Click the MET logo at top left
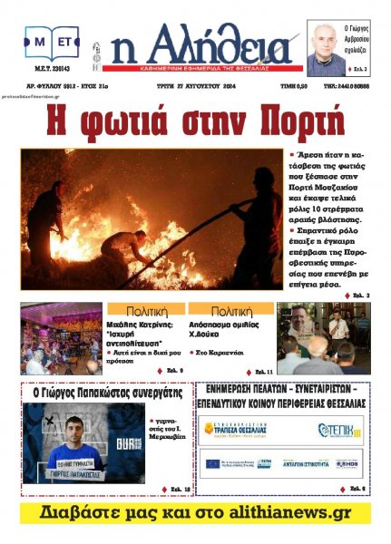(53, 42)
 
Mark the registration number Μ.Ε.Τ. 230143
(52, 79)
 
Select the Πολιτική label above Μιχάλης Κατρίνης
(146, 309)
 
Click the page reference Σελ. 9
(175, 371)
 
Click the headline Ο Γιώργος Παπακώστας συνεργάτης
(107, 393)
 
